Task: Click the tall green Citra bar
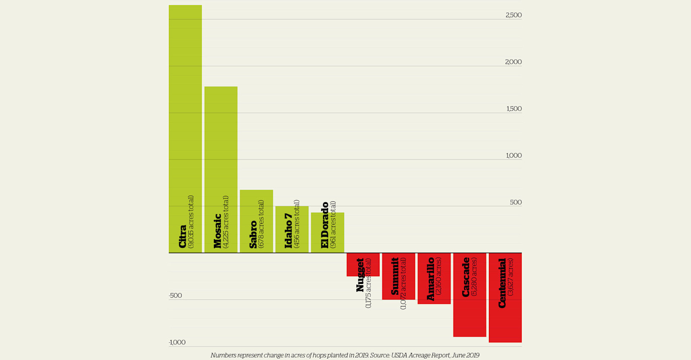(185, 108)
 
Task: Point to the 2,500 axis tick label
(513, 15)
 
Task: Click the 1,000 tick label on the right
(513, 156)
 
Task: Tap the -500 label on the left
(175, 296)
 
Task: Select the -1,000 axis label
(177, 342)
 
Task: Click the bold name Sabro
(253, 235)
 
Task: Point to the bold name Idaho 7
(288, 231)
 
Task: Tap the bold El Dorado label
(325, 225)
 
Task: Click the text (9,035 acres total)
(191, 222)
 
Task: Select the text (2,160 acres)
(438, 276)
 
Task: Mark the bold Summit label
(395, 277)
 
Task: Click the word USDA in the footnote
(399, 355)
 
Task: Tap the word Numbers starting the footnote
(223, 355)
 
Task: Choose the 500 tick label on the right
(516, 202)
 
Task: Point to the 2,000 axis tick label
(513, 62)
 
